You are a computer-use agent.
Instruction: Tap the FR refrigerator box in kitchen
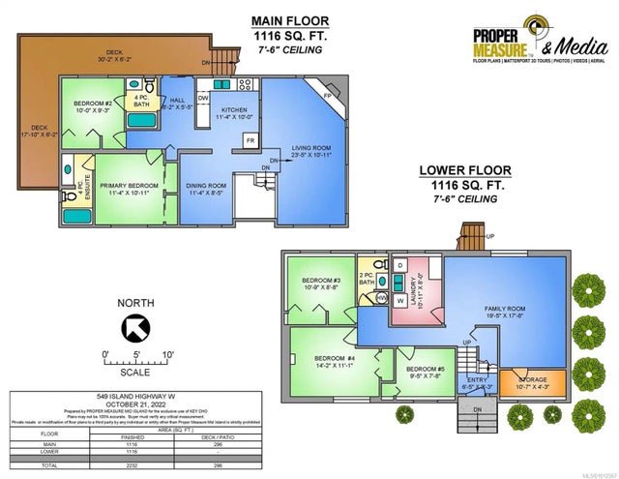coord(250,141)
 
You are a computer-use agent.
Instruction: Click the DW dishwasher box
coord(204,98)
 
